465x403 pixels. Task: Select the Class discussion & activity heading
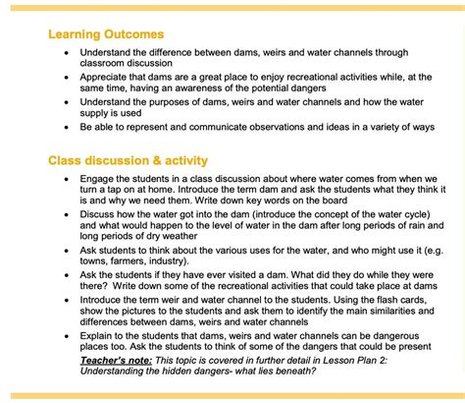click(128, 160)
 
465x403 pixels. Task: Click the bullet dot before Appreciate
click(66, 77)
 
